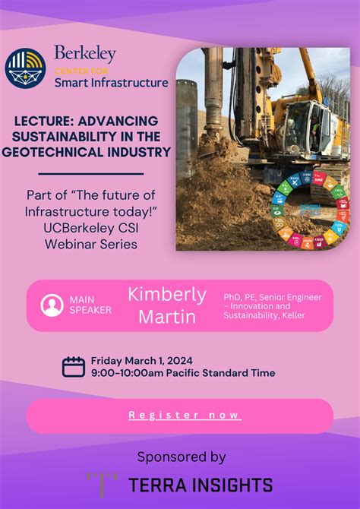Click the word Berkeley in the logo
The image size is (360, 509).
pyautogui.click(x=84, y=54)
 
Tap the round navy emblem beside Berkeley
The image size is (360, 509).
pyautogui.click(x=25, y=67)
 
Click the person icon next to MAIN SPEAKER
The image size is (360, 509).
pyautogui.click(x=52, y=305)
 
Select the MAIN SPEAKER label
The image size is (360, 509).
pyautogui.click(x=90, y=305)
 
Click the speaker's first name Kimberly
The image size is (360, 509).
pyautogui.click(x=166, y=294)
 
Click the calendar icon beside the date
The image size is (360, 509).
pyautogui.click(x=73, y=367)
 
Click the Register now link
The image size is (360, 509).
pyautogui.click(x=185, y=415)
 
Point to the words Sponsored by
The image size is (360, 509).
pyautogui.click(x=181, y=457)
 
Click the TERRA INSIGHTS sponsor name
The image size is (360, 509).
pyautogui.click(x=201, y=485)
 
